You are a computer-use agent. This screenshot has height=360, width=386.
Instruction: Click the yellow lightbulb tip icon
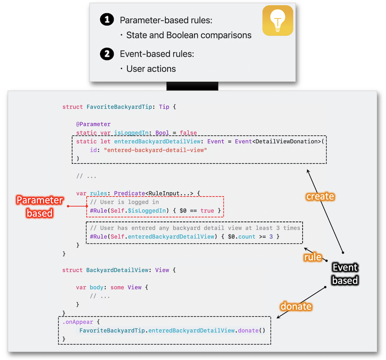tap(278, 20)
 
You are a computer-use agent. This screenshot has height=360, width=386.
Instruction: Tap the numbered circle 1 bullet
tap(107, 20)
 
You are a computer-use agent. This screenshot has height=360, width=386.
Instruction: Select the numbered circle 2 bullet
tap(107, 54)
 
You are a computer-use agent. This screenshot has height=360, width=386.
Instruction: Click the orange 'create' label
tap(320, 196)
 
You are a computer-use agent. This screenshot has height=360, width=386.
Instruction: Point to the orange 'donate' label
tap(296, 306)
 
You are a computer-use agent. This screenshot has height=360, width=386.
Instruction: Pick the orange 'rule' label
tap(313, 257)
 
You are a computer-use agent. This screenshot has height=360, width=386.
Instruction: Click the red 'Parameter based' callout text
tap(40, 206)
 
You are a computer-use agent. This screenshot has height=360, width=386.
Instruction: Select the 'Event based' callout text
tap(345, 274)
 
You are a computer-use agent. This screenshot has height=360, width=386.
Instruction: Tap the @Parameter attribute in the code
tap(93, 124)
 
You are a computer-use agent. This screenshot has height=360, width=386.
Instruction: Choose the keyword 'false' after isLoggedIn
tap(188, 133)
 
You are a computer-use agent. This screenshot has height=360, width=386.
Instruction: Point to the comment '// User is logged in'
tap(124, 202)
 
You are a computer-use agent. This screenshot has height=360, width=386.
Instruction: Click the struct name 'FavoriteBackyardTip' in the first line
tap(119, 107)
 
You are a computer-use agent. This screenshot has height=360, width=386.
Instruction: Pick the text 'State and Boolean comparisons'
tap(189, 35)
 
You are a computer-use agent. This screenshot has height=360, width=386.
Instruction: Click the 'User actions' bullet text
tap(151, 69)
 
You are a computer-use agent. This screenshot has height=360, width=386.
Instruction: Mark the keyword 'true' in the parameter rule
tap(207, 211)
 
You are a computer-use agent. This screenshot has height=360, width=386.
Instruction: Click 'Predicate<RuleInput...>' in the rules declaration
tap(154, 193)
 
